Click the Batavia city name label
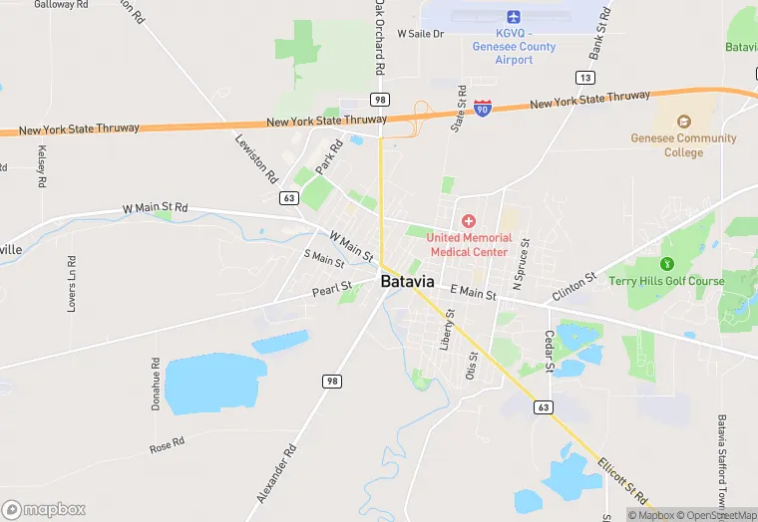pyautogui.click(x=407, y=282)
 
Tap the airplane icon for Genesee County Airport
pyautogui.click(x=514, y=17)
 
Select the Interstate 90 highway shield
pyautogui.click(x=483, y=107)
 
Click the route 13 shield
pyautogui.click(x=585, y=78)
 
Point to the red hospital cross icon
pyautogui.click(x=469, y=220)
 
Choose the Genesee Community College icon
pyautogui.click(x=683, y=121)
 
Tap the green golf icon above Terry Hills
pyautogui.click(x=667, y=263)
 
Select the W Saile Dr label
pyautogui.click(x=420, y=34)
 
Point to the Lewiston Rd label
pyautogui.click(x=256, y=157)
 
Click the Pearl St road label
pyautogui.click(x=332, y=290)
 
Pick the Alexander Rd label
pyautogui.click(x=277, y=473)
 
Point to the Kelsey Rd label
pyautogui.click(x=42, y=166)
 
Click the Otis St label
pyautogui.click(x=472, y=367)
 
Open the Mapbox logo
pyautogui.click(x=44, y=509)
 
